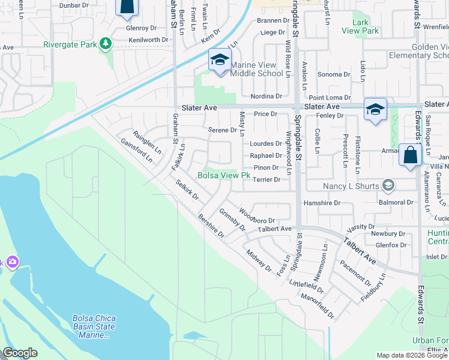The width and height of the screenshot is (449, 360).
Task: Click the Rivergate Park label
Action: [x=70, y=44]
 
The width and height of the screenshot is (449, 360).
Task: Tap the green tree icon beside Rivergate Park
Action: [x=106, y=44]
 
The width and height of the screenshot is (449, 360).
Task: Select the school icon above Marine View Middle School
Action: [x=220, y=61]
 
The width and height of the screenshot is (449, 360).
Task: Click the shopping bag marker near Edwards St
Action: [x=410, y=155]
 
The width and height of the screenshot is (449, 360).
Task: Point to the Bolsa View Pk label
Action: [x=224, y=176]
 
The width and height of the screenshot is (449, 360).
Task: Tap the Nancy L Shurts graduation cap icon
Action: [x=389, y=185]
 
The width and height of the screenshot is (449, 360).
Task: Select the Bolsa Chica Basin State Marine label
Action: [x=94, y=326]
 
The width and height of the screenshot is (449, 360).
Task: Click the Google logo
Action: [x=20, y=353]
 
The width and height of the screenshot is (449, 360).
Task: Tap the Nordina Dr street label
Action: [x=267, y=96]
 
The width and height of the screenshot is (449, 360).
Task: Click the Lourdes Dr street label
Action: [x=267, y=144]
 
